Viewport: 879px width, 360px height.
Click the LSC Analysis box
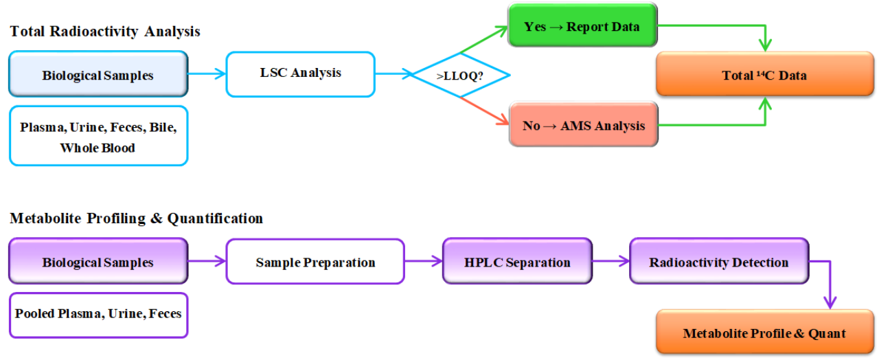(x=300, y=73)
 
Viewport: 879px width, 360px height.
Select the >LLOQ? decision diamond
(x=460, y=76)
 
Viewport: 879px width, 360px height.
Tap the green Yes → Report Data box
(x=582, y=26)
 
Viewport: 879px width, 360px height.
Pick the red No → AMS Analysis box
(x=583, y=125)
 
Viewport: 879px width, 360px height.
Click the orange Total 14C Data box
(x=764, y=75)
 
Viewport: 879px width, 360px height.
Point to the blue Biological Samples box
(x=98, y=74)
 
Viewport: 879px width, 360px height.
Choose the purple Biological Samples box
(x=98, y=262)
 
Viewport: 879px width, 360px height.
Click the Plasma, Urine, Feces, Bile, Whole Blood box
(x=98, y=137)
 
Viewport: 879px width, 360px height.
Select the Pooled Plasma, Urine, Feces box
(x=98, y=314)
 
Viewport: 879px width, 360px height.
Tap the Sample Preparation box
(x=315, y=262)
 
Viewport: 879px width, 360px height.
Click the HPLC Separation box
(x=517, y=262)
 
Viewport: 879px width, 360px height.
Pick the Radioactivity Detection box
(x=718, y=262)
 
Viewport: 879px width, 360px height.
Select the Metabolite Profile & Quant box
(x=764, y=333)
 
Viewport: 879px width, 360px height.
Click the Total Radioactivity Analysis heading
(x=105, y=31)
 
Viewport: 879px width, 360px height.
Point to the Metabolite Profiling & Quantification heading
(x=136, y=218)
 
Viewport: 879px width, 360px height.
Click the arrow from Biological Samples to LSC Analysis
(x=207, y=73)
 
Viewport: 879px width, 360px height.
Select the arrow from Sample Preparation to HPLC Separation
(x=423, y=261)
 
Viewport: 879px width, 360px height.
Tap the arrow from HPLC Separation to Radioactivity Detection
(x=610, y=261)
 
